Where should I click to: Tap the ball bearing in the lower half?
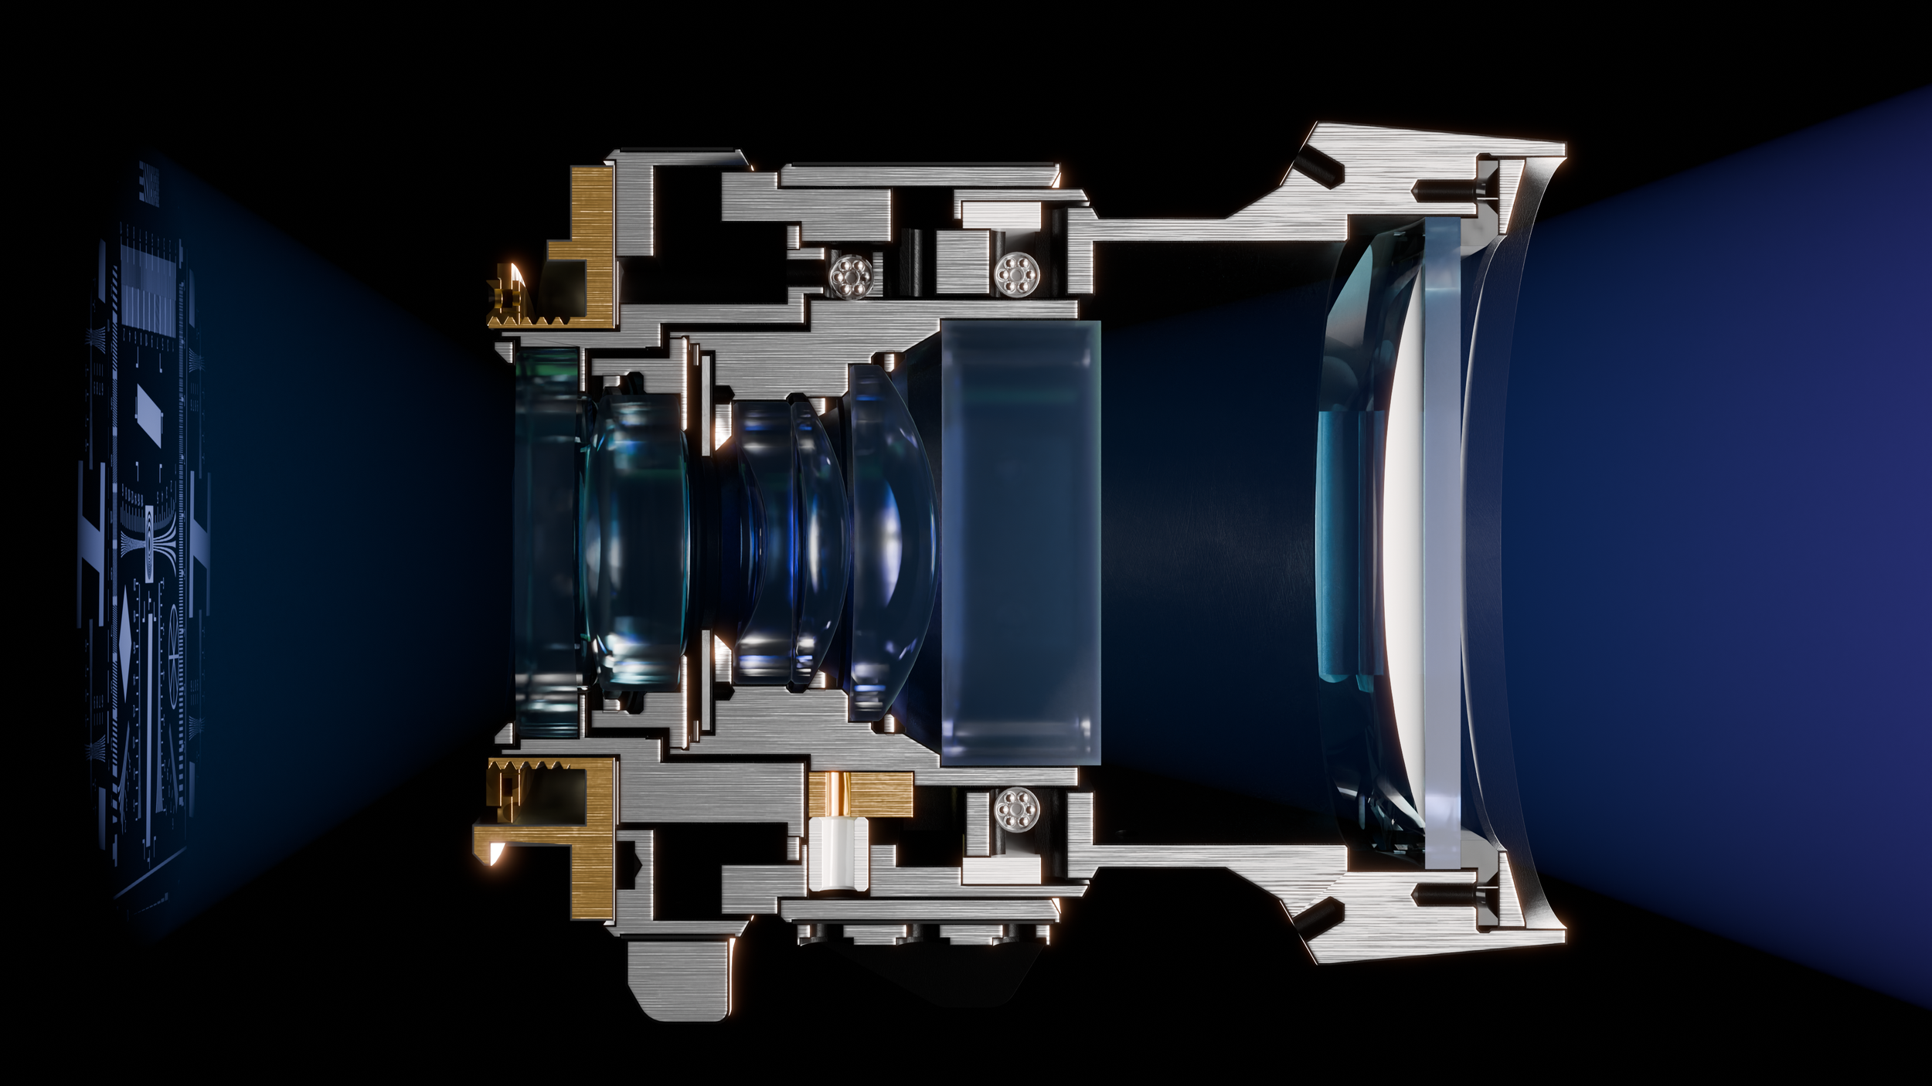pos(1016,811)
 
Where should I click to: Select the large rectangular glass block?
pos(1020,542)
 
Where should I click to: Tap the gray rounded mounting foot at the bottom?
pos(680,981)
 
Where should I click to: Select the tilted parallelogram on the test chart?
pos(148,407)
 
